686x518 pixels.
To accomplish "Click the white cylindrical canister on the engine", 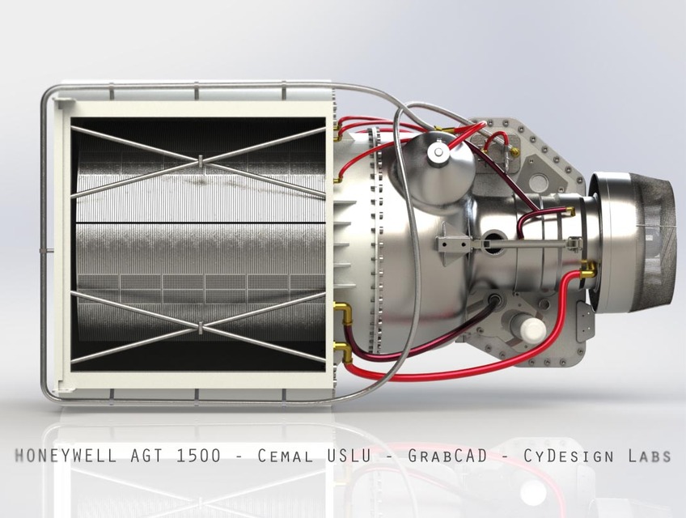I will tap(532, 329).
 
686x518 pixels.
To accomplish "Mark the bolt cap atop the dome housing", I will tap(438, 151).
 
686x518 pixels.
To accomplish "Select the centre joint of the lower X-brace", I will tap(199, 328).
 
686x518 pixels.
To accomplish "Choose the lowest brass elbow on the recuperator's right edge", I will tap(343, 350).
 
